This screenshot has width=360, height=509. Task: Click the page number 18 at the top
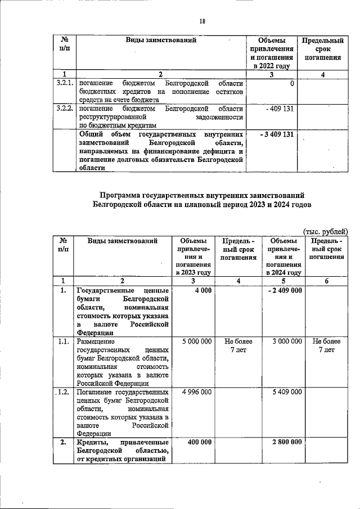coord(202,21)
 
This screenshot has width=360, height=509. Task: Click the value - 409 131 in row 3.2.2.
coord(280,108)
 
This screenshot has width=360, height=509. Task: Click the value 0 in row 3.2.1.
coord(292,83)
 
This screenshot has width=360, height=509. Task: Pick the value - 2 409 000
coord(285,290)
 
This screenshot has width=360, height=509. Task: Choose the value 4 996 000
coord(194,391)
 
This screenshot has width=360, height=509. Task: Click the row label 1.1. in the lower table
coord(64,341)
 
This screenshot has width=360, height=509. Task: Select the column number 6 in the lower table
coord(326,280)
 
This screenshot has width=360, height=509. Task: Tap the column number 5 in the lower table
coord(283,280)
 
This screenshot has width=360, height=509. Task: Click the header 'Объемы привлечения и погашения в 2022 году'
coord(272,53)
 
